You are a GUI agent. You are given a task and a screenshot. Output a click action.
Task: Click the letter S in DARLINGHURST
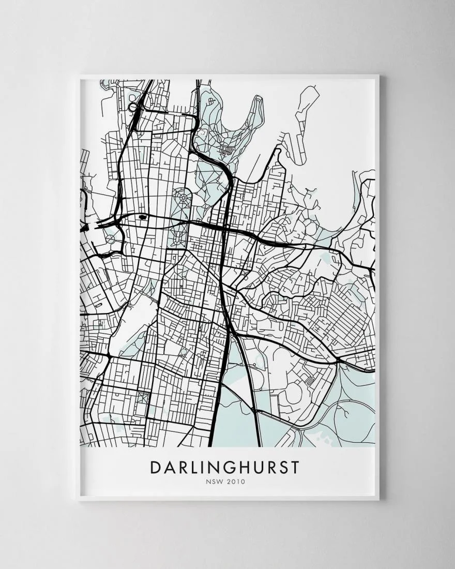(x=281, y=467)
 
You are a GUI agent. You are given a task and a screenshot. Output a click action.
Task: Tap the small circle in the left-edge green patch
(x=111, y=239)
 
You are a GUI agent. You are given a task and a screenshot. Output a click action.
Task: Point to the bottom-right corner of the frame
(x=380, y=500)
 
